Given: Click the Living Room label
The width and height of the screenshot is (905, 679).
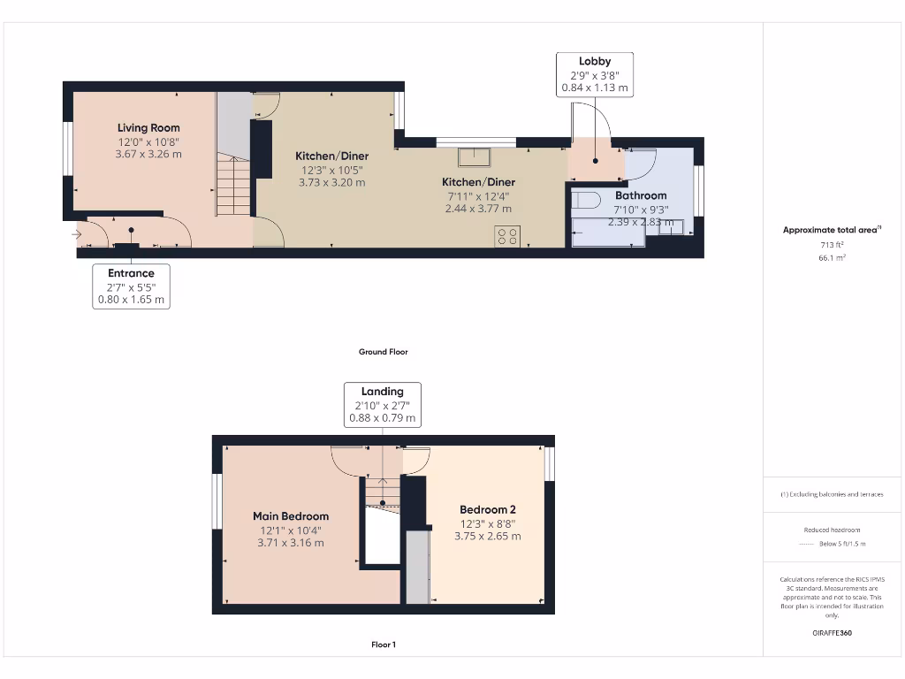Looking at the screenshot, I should [148, 128].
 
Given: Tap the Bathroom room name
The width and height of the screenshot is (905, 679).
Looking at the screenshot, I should [641, 195].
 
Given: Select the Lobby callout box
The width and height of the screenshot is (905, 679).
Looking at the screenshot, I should [595, 74].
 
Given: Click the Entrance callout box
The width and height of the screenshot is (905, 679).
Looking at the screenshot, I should [131, 286].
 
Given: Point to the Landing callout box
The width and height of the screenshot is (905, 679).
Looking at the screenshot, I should [382, 404].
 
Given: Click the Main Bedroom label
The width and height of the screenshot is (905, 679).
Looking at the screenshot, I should [291, 516].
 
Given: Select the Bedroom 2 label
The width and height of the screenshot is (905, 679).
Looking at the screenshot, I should [487, 509].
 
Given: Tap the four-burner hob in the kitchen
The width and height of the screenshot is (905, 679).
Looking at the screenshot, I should [507, 236].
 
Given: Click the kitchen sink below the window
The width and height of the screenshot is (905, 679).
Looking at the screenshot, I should [475, 157].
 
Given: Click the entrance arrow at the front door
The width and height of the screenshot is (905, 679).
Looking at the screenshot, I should [77, 235].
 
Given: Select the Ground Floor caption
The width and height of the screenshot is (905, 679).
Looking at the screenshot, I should [383, 352].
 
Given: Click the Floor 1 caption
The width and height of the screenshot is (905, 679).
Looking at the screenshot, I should [383, 645].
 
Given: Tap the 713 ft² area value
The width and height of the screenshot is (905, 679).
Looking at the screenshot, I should [832, 244].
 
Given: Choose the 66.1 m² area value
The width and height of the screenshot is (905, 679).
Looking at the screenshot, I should [832, 257].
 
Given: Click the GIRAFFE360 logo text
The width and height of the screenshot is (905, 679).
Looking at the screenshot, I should [832, 633].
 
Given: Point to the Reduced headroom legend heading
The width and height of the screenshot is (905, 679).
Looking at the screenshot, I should [832, 530].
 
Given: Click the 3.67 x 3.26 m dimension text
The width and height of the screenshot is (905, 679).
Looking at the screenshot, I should [148, 154].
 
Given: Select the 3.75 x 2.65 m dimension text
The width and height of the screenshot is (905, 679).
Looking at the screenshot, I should [487, 536].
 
